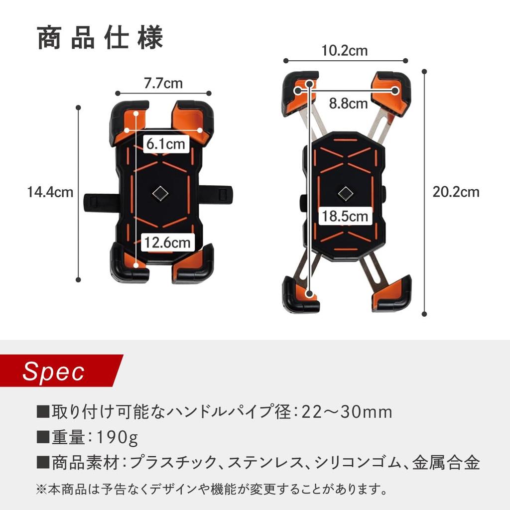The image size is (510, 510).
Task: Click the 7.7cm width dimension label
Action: tap(163, 83)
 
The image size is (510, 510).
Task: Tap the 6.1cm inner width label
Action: tap(166, 144)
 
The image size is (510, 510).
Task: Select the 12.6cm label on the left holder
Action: tap(167, 243)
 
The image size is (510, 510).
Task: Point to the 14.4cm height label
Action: tap(50, 192)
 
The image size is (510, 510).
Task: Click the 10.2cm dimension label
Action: tap(345, 50)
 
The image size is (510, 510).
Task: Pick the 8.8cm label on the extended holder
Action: tap(348, 104)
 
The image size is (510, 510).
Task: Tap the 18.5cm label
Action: tap(345, 217)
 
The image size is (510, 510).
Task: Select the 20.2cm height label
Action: tap(456, 192)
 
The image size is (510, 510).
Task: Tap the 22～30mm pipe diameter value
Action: tap(350, 412)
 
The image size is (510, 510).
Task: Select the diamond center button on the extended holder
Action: tap(344, 193)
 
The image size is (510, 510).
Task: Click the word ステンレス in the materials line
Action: tap(264, 463)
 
